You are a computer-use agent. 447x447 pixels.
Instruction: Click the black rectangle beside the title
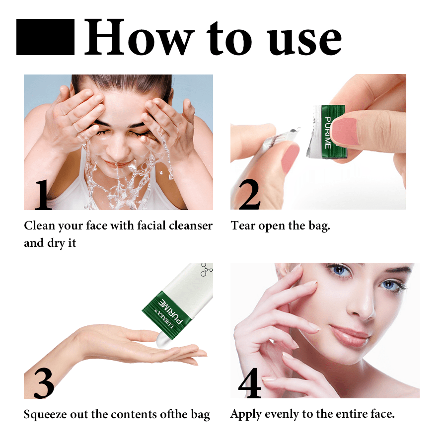(x=45, y=37)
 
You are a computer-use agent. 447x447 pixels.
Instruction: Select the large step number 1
(x=43, y=195)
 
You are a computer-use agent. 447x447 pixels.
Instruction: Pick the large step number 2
(x=249, y=195)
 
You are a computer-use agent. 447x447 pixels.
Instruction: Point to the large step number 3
(x=44, y=383)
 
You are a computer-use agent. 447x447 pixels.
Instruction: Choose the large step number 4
(x=250, y=383)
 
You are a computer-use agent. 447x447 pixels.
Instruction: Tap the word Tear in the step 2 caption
(x=243, y=225)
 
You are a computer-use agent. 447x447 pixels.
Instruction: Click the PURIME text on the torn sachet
(x=328, y=133)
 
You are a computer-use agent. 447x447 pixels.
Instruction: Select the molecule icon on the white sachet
(x=207, y=270)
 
